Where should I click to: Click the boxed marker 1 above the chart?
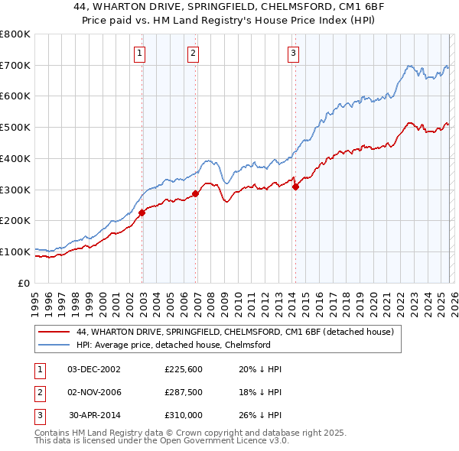[x=141, y=53]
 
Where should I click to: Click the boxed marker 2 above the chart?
[x=192, y=53]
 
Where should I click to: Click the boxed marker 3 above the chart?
[x=293, y=53]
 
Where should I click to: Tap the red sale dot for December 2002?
[x=142, y=213]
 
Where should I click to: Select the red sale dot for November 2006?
[x=196, y=193]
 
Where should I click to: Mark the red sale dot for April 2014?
[x=295, y=187]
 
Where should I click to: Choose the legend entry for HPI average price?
[x=173, y=345]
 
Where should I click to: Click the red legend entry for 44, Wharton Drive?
[x=235, y=332]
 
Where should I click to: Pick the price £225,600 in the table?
[x=184, y=369]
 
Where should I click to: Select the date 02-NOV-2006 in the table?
[x=94, y=392]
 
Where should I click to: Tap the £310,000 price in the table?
[x=184, y=415]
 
